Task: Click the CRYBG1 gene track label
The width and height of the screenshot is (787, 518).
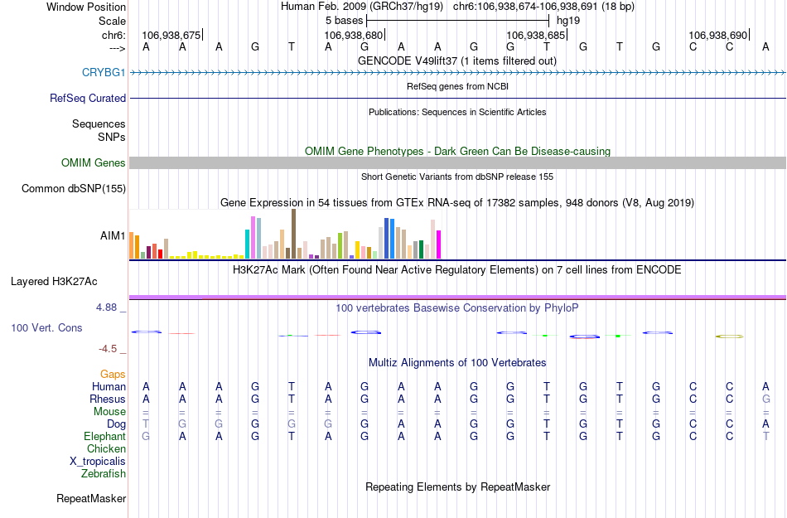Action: pyautogui.click(x=104, y=73)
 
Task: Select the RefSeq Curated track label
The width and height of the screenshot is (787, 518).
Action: pyautogui.click(x=88, y=99)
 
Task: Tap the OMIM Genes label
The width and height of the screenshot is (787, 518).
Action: pyautogui.click(x=93, y=163)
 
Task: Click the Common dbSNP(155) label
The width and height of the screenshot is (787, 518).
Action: pyautogui.click(x=74, y=189)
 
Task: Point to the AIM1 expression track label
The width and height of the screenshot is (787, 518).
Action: pyautogui.click(x=113, y=235)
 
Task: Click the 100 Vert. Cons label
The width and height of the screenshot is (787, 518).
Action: pyautogui.click(x=46, y=328)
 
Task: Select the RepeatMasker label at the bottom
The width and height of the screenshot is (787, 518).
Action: pyautogui.click(x=91, y=499)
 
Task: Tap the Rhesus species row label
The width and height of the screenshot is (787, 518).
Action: pyautogui.click(x=108, y=399)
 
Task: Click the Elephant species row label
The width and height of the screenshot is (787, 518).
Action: pyautogui.click(x=104, y=437)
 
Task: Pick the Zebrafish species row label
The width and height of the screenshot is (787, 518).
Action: pyautogui.click(x=104, y=474)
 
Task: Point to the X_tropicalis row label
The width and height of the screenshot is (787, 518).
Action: pyautogui.click(x=98, y=462)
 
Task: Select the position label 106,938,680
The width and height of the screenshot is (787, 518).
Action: pyautogui.click(x=354, y=36)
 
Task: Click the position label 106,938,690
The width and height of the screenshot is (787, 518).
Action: pyautogui.click(x=717, y=36)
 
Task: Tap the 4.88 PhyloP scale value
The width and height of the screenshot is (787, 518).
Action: pyautogui.click(x=108, y=307)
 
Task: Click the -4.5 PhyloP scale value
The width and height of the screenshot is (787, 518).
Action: pyautogui.click(x=109, y=349)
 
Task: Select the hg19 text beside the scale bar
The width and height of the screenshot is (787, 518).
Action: pyautogui.click(x=568, y=19)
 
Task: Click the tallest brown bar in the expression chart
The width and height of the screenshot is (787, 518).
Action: pyautogui.click(x=293, y=234)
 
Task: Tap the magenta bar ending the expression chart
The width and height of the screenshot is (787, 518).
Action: pyautogui.click(x=439, y=244)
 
